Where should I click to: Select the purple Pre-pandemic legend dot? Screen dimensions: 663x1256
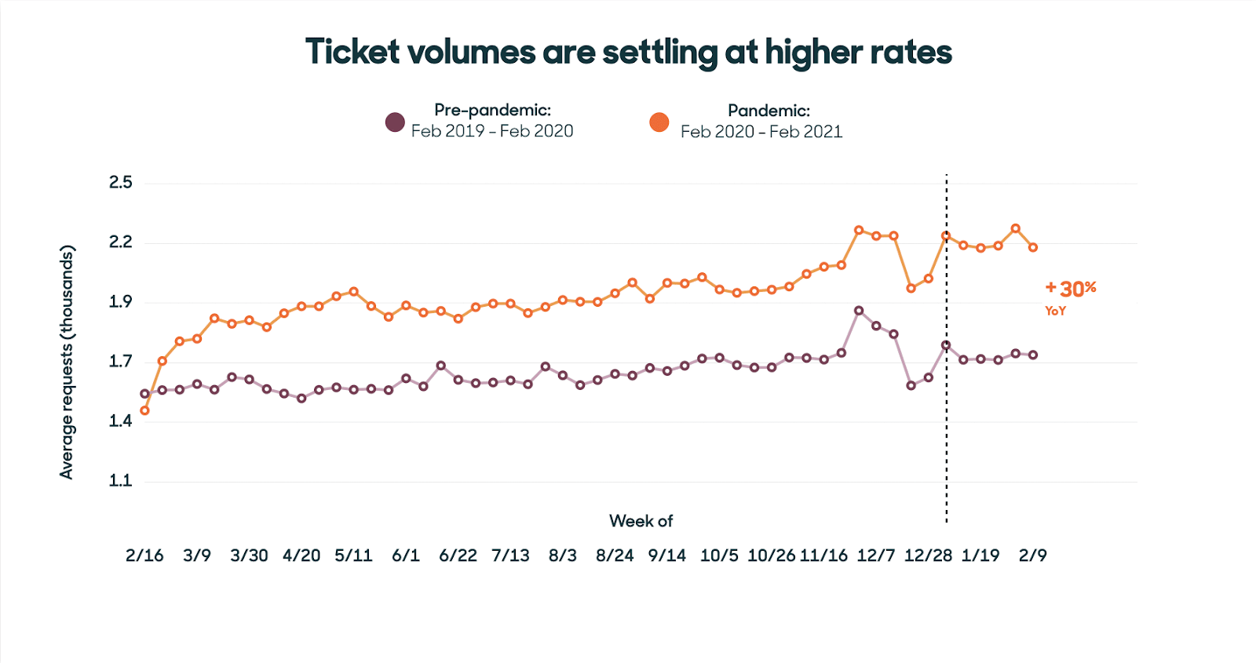pos(395,122)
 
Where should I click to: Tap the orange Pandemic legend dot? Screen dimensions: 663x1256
pos(659,122)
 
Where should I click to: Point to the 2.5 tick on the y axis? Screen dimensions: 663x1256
pos(121,183)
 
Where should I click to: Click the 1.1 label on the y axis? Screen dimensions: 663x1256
pos(121,481)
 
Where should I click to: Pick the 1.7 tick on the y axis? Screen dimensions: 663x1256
pos(121,362)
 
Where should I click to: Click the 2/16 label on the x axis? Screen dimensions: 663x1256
pos(144,556)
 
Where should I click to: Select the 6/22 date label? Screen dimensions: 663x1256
pos(458,556)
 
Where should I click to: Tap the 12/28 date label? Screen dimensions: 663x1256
pos(928,556)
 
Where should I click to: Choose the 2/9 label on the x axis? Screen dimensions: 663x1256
pos(1032,556)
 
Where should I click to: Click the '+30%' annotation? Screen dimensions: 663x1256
pos(1071,289)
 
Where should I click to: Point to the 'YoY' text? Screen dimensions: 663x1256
pos(1055,311)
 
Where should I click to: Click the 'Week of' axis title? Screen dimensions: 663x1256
pos(641,521)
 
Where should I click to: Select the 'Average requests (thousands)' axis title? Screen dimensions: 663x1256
pos(67,362)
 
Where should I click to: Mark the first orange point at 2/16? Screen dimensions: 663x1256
pos(144,410)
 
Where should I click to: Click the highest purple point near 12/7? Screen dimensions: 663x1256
pos(859,311)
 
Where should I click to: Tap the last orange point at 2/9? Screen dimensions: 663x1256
pos(1033,247)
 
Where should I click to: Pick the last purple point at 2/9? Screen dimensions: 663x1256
pos(1033,355)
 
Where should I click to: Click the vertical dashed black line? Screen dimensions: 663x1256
pos(946,439)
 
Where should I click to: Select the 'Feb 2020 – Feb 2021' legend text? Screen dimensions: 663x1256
pos(761,132)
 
